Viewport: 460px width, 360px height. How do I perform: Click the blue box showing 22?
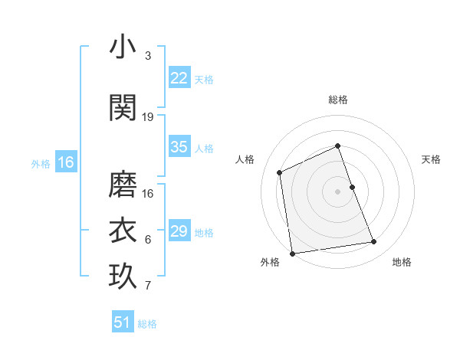(x=179, y=78)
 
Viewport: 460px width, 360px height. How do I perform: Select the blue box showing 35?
(x=179, y=147)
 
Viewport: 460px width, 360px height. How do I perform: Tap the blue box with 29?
(x=179, y=231)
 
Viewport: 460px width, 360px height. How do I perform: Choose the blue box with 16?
(x=65, y=162)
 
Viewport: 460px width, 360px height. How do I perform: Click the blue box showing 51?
(x=123, y=322)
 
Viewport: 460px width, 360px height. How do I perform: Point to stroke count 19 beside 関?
(x=148, y=117)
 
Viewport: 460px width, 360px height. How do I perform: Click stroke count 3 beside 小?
(x=148, y=56)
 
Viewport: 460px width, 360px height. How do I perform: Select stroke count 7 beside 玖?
(x=148, y=286)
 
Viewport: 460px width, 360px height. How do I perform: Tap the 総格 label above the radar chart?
(x=338, y=100)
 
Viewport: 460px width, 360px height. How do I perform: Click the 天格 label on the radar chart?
(x=431, y=159)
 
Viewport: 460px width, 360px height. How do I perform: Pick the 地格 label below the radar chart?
(x=402, y=262)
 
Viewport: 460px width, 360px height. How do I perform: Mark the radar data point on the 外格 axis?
(x=292, y=254)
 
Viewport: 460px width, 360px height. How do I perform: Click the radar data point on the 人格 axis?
(x=280, y=172)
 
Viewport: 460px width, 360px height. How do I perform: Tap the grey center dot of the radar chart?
(x=338, y=191)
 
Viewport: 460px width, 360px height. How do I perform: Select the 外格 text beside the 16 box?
(x=41, y=163)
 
